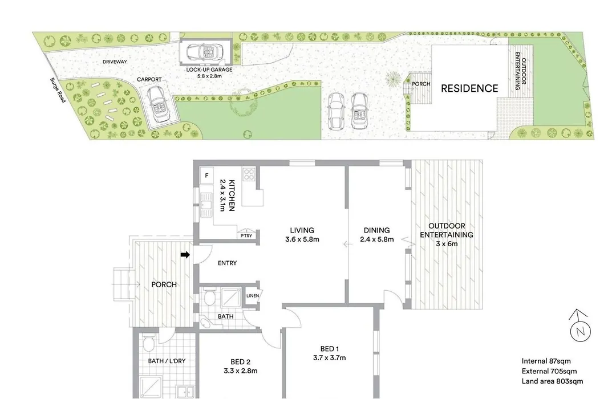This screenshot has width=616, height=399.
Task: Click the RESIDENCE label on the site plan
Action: (469, 88)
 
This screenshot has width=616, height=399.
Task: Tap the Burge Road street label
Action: (58, 90)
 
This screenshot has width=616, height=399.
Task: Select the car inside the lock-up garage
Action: (204, 51)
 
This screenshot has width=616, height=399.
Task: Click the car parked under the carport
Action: (159, 104)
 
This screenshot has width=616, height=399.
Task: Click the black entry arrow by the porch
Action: (185, 255)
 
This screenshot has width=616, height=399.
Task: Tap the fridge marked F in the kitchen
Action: (206, 176)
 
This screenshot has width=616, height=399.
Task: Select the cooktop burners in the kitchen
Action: (249, 174)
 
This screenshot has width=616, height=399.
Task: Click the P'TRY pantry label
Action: (246, 235)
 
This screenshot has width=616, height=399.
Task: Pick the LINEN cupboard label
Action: (253, 296)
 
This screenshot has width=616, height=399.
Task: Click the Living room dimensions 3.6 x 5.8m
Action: (302, 239)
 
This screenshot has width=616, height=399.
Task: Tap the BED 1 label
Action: (330, 349)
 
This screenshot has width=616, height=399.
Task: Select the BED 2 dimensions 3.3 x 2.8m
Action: (241, 370)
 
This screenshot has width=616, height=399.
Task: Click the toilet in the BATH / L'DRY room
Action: (148, 344)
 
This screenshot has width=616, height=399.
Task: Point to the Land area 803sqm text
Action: (552, 381)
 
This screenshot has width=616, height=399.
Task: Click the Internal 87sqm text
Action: (546, 361)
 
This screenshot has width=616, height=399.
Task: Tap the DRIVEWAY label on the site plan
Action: (115, 62)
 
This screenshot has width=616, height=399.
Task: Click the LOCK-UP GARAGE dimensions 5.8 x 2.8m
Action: (209, 76)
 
